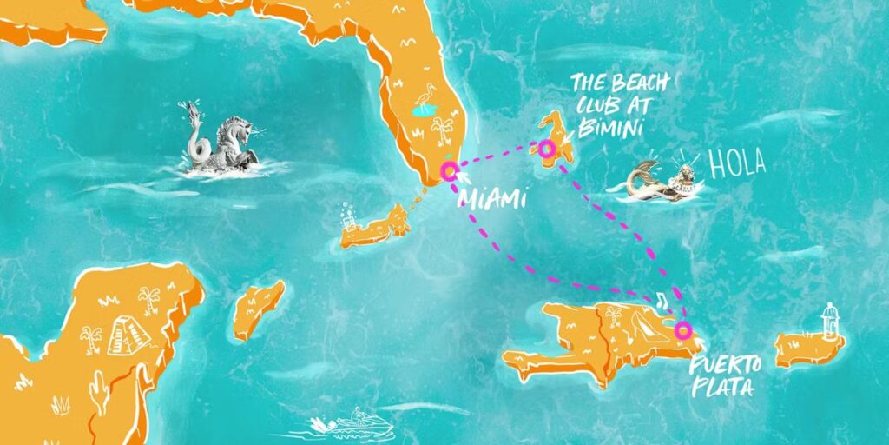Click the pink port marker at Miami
pyautogui.click(x=449, y=170)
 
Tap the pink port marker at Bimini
pyautogui.click(x=546, y=149)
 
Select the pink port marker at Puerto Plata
pyautogui.click(x=683, y=330)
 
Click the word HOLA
pyautogui.click(x=737, y=164)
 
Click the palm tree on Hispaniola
pyautogui.click(x=613, y=315)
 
